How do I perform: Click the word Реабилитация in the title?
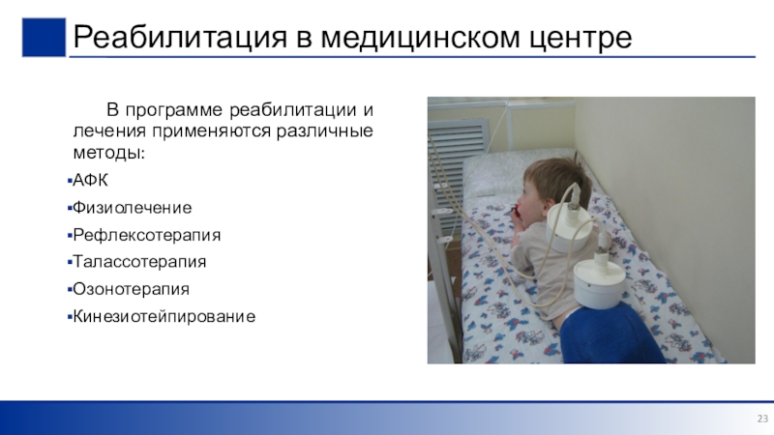[x=180, y=37]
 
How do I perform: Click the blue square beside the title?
[x=44, y=38]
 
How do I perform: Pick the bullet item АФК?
[x=90, y=180]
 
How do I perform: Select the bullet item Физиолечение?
[x=132, y=208]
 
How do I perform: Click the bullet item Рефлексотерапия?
[x=147, y=235]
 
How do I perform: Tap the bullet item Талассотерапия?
[x=139, y=261]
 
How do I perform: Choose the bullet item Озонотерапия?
[x=131, y=289]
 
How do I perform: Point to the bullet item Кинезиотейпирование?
[x=164, y=316]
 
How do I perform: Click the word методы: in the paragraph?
[x=109, y=153]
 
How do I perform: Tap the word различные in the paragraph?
[x=324, y=131]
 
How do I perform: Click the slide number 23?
[x=762, y=419]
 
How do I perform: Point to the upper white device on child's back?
[x=569, y=227]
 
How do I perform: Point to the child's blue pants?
[x=610, y=333]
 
